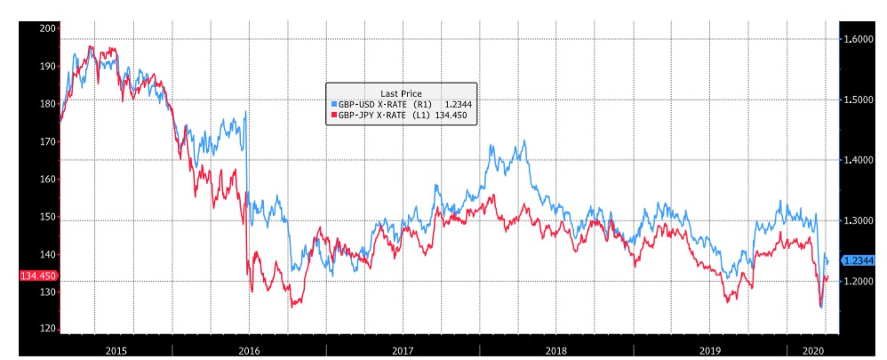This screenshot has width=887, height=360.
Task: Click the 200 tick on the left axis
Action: (x=48, y=28)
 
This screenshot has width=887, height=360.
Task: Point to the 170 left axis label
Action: (x=48, y=141)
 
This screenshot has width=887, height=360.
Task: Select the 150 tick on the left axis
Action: (x=48, y=217)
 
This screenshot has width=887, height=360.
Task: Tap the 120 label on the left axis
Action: (x=48, y=330)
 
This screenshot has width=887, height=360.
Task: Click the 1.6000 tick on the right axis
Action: (x=860, y=39)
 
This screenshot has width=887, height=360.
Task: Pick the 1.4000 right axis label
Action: (x=860, y=160)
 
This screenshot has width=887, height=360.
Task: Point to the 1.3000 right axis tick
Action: (x=860, y=220)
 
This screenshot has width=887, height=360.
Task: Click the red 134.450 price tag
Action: (x=37, y=276)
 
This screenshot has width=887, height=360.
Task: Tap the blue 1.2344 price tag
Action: (x=861, y=260)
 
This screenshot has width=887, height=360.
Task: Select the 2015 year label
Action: (x=116, y=350)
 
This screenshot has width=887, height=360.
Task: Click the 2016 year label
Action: (x=249, y=350)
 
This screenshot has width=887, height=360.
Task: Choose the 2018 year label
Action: (x=556, y=350)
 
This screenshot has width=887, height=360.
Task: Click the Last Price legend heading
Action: (x=401, y=93)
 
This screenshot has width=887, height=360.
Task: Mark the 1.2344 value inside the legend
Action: (x=457, y=104)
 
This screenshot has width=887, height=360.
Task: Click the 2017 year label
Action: (x=403, y=350)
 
